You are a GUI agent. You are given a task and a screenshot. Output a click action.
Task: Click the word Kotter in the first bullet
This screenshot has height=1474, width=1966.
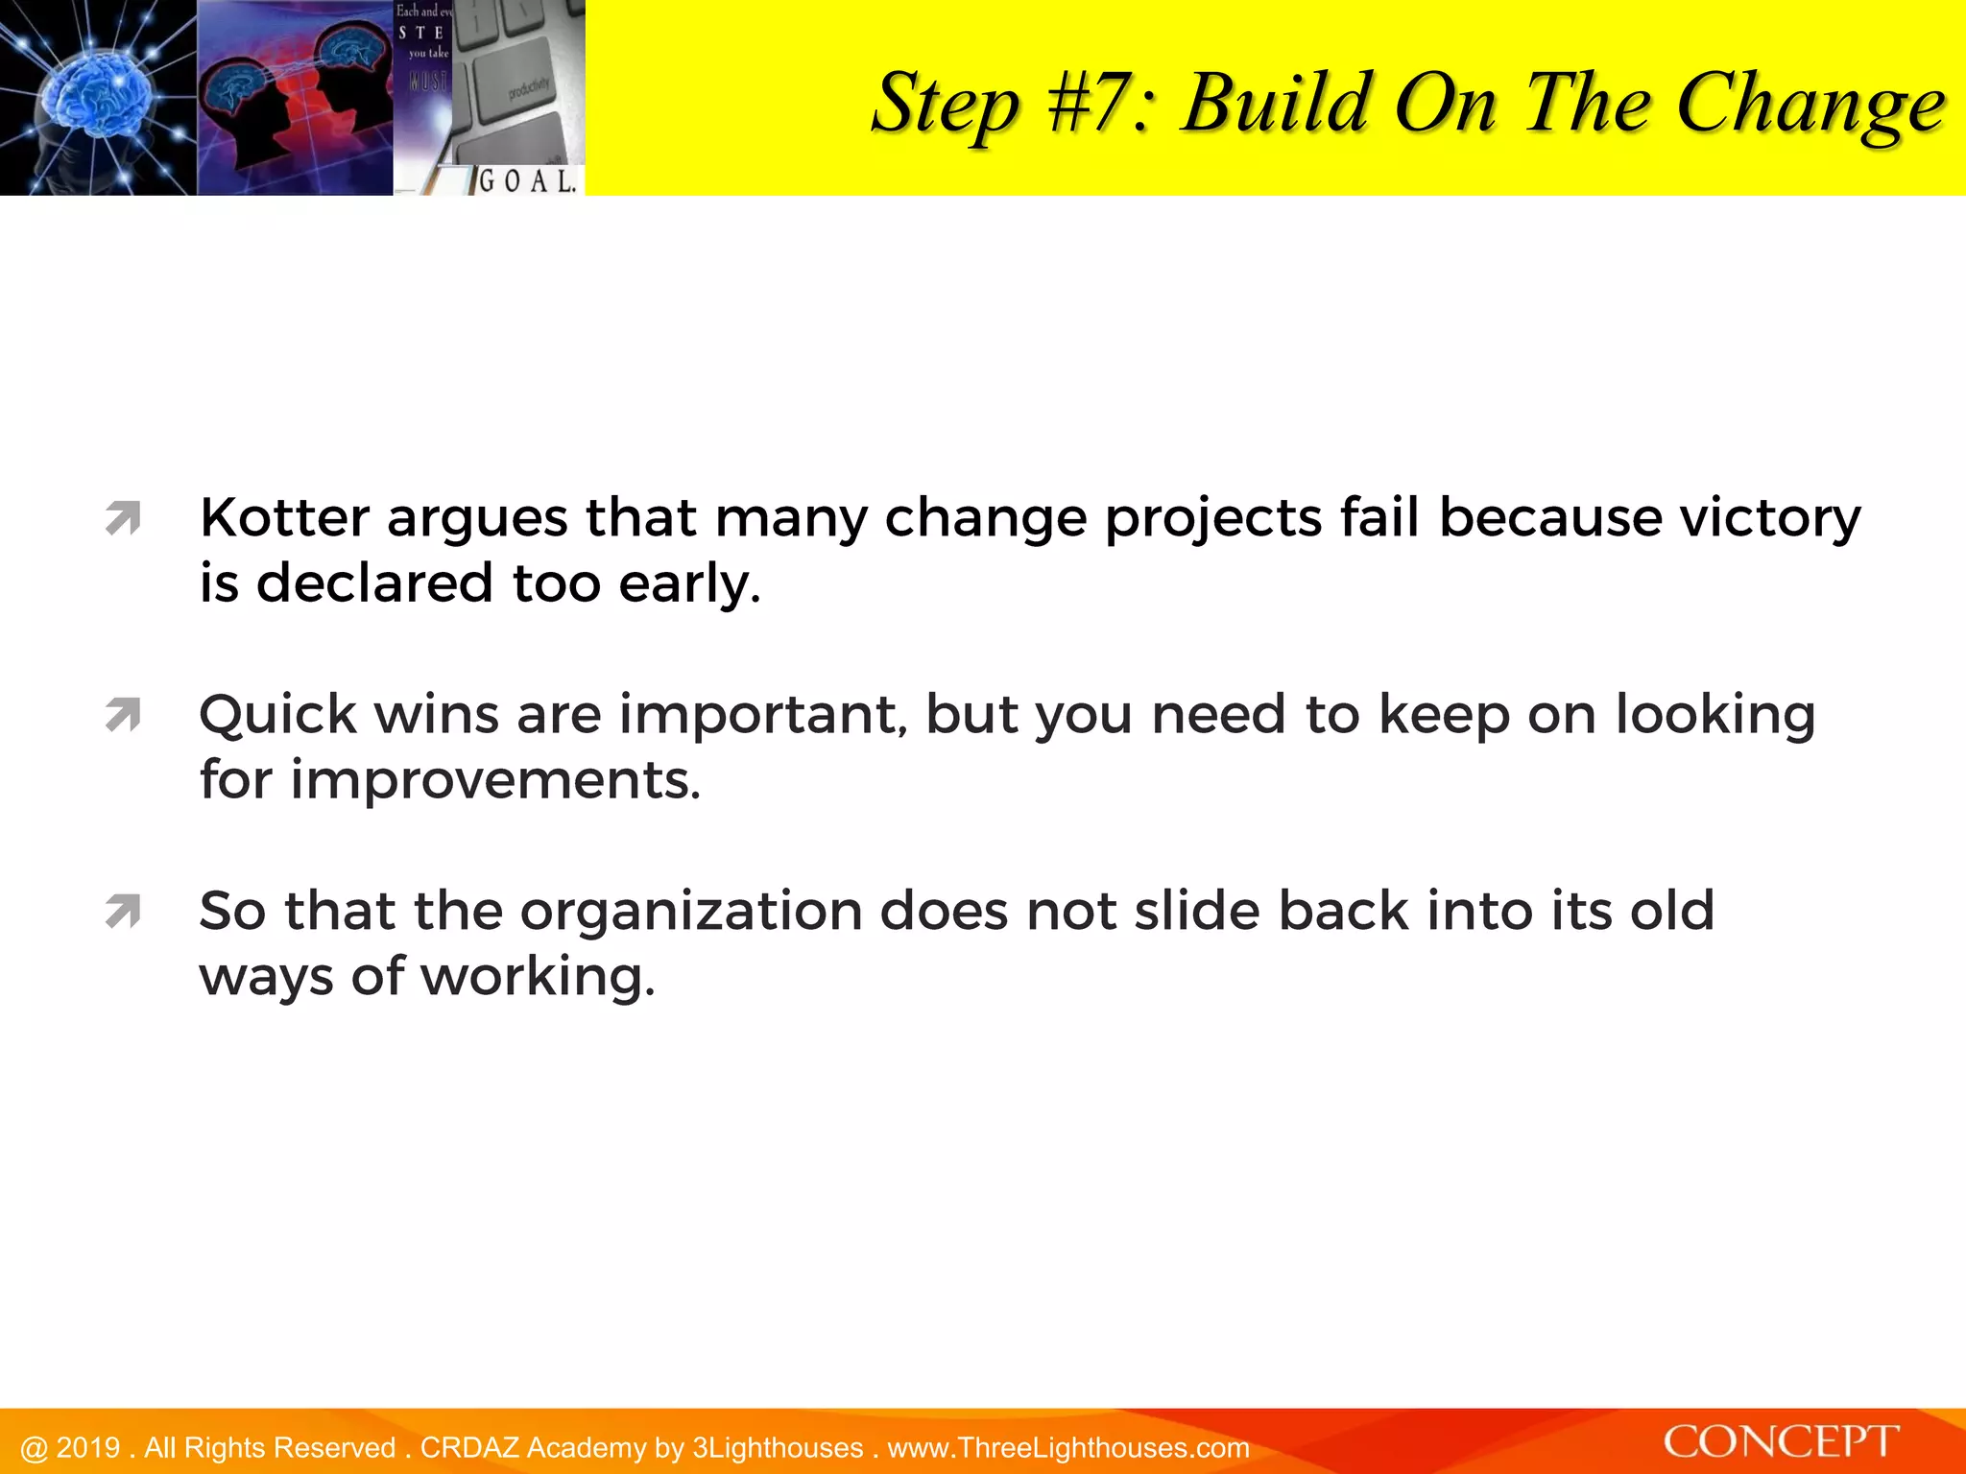click(x=284, y=518)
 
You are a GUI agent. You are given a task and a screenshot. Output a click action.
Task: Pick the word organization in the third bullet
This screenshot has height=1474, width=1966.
click(x=691, y=911)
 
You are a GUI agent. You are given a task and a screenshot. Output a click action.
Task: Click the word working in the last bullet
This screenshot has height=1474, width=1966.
click(x=538, y=977)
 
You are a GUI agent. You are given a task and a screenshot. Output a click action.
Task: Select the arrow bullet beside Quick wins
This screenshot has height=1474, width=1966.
click(x=124, y=714)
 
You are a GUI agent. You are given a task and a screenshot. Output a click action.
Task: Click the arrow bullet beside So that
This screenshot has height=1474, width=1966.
click(x=124, y=911)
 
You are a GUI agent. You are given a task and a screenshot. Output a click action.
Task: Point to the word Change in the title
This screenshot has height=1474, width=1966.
click(x=1810, y=105)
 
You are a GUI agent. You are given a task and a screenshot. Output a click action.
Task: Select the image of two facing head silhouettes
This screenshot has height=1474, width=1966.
click(x=294, y=98)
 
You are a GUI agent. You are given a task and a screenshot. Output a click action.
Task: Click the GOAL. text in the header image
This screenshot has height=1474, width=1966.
click(x=527, y=179)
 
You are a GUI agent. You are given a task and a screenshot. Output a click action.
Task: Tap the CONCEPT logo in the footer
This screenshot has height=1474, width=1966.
click(x=1781, y=1442)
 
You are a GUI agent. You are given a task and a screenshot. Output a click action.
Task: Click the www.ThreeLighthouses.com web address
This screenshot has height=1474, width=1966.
click(x=1068, y=1448)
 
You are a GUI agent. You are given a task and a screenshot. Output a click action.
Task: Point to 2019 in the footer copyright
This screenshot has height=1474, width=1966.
click(x=88, y=1448)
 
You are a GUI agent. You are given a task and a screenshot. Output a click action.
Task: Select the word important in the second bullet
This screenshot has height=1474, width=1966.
click(x=763, y=715)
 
